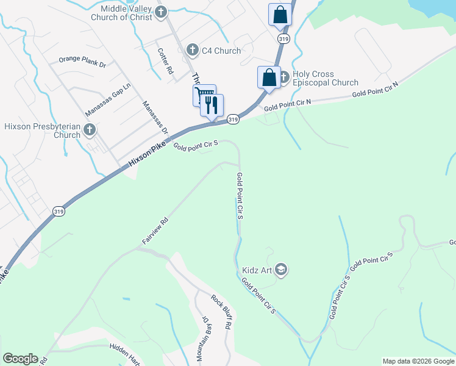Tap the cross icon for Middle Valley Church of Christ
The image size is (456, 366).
(x=161, y=12)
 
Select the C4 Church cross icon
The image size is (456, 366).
(x=192, y=49)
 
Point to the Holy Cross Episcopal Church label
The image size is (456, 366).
(x=325, y=79)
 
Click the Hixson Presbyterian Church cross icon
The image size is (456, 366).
(x=90, y=129)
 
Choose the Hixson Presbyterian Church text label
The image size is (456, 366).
(x=42, y=131)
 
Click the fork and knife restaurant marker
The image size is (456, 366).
(x=212, y=104)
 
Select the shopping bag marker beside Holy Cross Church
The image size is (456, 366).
(x=269, y=77)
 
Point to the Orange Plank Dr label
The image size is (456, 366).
(x=83, y=61)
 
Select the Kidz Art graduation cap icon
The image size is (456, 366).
(x=281, y=268)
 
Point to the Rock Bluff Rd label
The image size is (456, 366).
(x=221, y=312)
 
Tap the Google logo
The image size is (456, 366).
(x=20, y=359)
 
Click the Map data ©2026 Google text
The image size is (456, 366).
(x=418, y=361)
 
